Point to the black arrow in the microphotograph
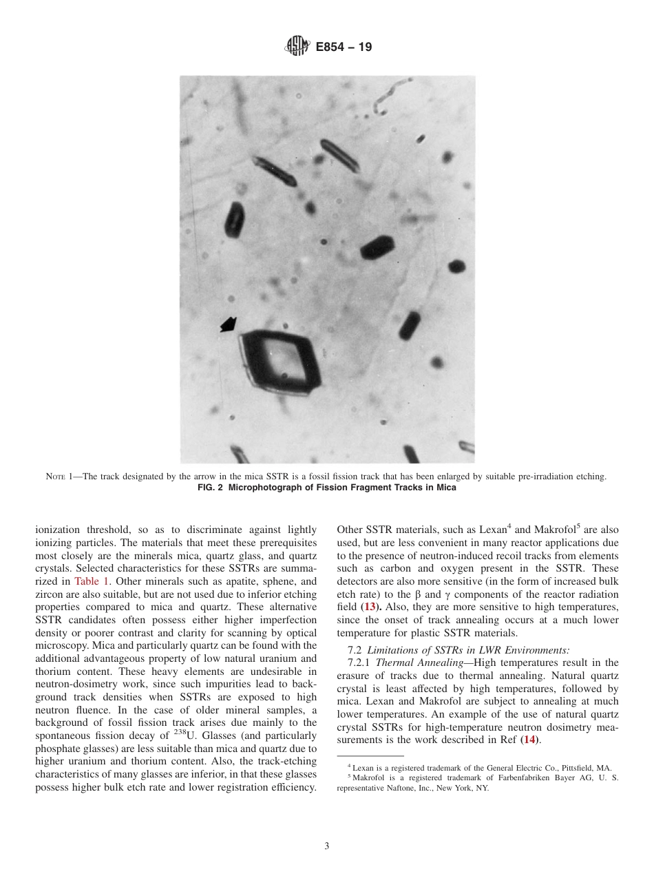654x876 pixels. click(x=228, y=324)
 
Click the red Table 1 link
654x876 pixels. click(x=91, y=581)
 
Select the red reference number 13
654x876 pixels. click(x=369, y=607)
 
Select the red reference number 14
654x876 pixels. click(x=529, y=739)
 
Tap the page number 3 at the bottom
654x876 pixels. click(x=327, y=846)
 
